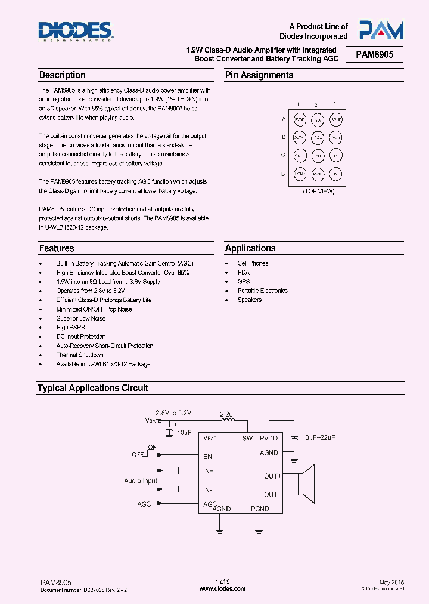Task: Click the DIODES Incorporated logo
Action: point(75,31)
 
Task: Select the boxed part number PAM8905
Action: point(379,56)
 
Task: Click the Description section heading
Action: point(62,75)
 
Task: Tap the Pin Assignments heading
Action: point(259,75)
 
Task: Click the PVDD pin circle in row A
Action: point(300,119)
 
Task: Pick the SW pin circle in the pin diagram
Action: point(318,119)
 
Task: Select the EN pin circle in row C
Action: point(318,156)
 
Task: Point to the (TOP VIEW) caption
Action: point(319,191)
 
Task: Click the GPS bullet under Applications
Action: point(244,281)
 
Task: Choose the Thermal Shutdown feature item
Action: point(80,355)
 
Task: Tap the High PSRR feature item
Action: point(70,327)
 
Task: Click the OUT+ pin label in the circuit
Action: point(273,476)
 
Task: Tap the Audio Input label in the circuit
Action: point(141,480)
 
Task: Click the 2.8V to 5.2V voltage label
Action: point(173,413)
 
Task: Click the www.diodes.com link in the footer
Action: point(222,588)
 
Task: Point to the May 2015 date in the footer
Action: point(391,582)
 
